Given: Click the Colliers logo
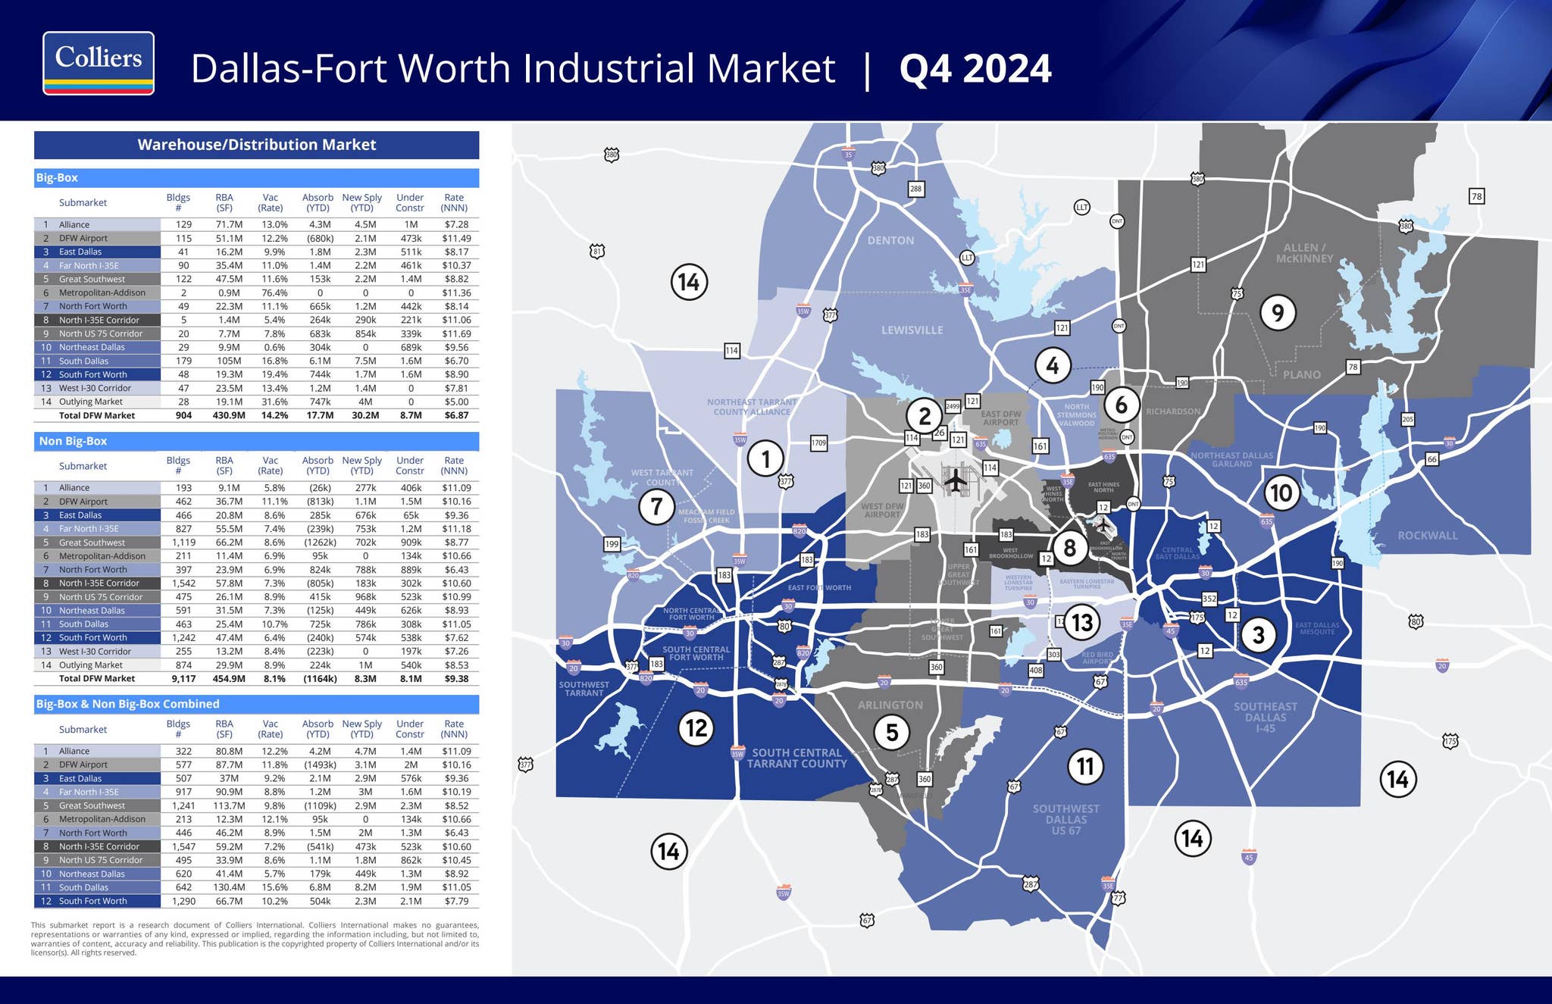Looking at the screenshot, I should coord(99,63).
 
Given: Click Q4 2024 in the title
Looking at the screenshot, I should coord(975,69).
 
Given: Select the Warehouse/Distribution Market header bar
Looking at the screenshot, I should coord(256,145).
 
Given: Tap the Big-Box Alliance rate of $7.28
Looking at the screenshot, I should coord(455,224).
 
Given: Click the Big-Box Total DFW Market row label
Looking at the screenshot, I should coord(97,415).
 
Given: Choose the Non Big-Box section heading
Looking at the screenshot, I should coord(73,441).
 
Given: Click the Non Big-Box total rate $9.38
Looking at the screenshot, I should coord(455,679).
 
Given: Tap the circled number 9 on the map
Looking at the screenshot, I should coord(1278,312).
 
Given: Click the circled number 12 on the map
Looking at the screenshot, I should coord(696,728).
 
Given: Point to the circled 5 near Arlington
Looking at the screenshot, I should coord(892,732).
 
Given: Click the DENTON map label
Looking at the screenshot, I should coord(890,240).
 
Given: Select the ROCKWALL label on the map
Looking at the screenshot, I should coord(1427,535).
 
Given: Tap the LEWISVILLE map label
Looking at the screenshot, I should coord(912,330).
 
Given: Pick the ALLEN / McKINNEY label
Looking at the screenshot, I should coord(1304,253).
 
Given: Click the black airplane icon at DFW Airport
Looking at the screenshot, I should coord(956,480).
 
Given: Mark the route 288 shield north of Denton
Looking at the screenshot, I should coord(915,189).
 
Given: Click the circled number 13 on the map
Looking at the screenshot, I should coord(1081,622).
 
